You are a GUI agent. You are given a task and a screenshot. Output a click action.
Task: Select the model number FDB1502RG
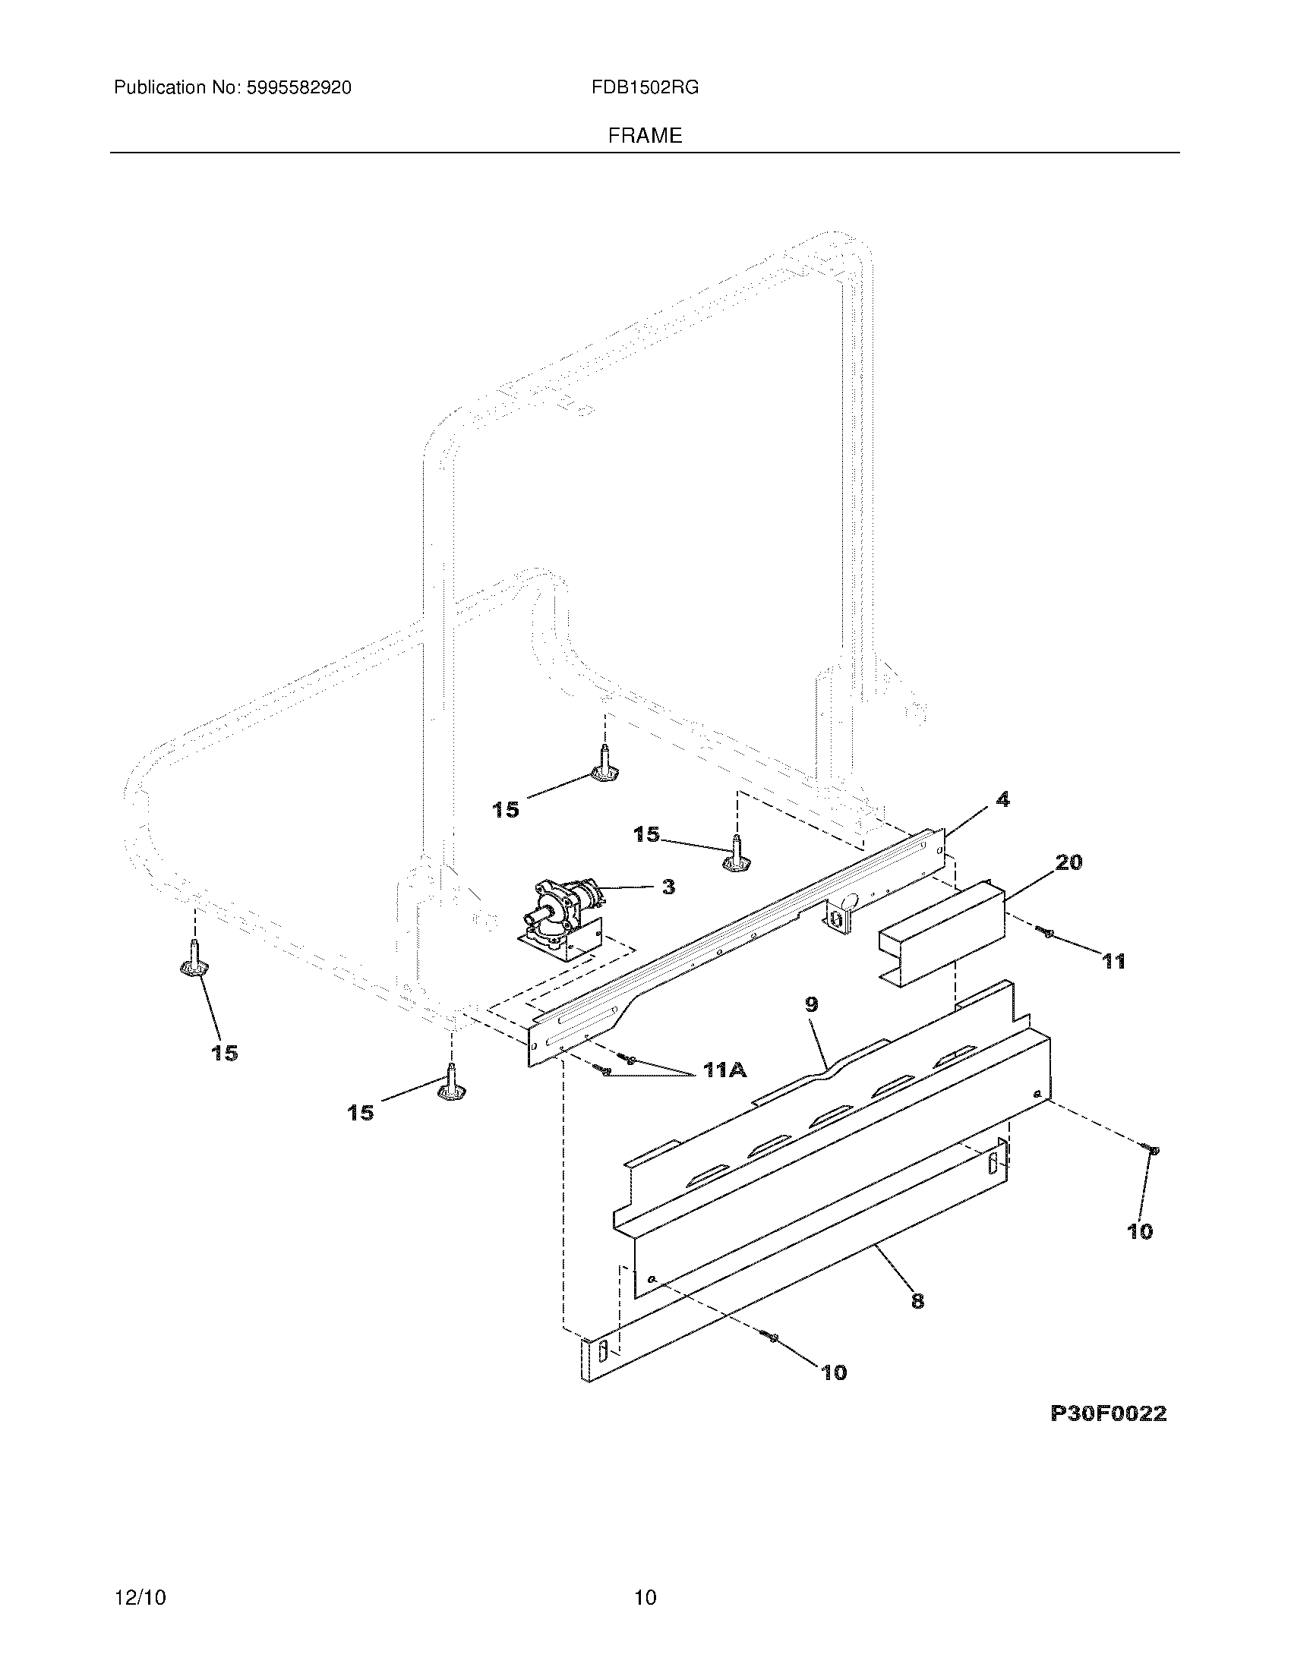click(x=645, y=88)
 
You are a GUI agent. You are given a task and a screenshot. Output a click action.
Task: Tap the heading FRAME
click(x=645, y=136)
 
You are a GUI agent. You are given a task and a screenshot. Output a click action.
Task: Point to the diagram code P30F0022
click(x=1108, y=1414)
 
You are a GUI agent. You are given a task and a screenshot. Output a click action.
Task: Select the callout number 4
click(x=1002, y=800)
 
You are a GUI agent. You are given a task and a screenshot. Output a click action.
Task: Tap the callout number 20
click(x=1068, y=862)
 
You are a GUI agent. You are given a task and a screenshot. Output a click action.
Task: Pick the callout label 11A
click(x=724, y=1070)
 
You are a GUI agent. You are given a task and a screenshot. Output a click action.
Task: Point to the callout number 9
click(x=812, y=1004)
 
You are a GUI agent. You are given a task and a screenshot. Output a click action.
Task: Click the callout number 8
click(x=918, y=1300)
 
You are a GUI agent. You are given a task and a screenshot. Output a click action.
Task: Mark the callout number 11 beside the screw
click(x=1113, y=961)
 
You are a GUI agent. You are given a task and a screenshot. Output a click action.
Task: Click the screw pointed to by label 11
click(x=1046, y=931)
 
